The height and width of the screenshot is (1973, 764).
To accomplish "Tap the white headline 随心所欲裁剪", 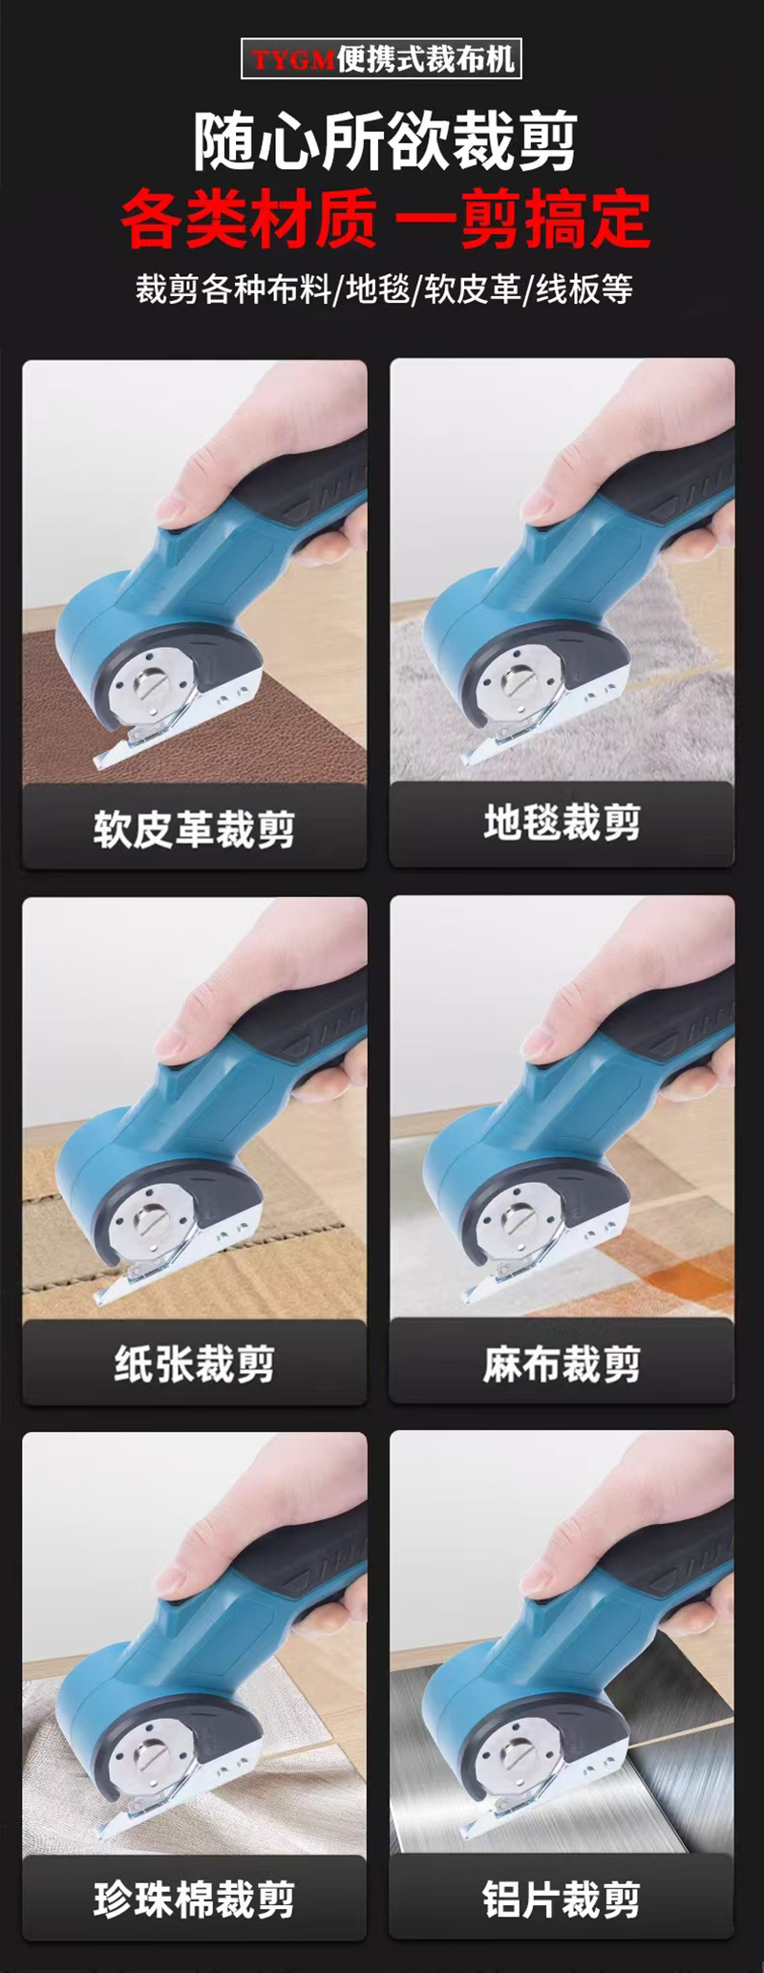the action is pyautogui.click(x=386, y=141).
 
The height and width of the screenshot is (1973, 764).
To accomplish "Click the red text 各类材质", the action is pyautogui.click(x=249, y=219).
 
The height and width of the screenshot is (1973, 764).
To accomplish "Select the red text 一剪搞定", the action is pyautogui.click(x=522, y=219).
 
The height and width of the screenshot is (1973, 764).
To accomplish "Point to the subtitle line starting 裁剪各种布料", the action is pyautogui.click(x=384, y=289).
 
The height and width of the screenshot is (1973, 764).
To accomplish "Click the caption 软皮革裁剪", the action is pyautogui.click(x=194, y=828).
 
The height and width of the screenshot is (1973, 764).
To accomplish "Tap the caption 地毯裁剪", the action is pyautogui.click(x=562, y=822).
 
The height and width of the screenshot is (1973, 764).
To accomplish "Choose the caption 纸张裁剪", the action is pyautogui.click(x=194, y=1363).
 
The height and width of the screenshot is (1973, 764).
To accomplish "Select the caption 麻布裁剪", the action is pyautogui.click(x=562, y=1363).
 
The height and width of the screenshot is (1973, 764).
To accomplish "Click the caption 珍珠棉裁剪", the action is pyautogui.click(x=194, y=1899).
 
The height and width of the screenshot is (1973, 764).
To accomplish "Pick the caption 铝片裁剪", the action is pyautogui.click(x=562, y=1899).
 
